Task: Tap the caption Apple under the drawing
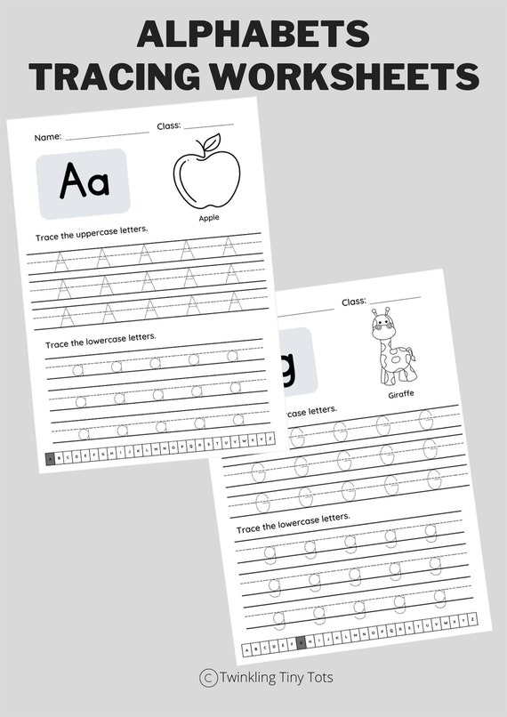[209, 217]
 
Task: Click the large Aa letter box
[84, 183]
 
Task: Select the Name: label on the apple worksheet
[48, 138]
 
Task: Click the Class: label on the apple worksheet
[169, 126]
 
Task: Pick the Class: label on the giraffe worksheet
[354, 302]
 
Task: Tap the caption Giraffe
[402, 394]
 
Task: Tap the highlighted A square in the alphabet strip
[50, 459]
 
